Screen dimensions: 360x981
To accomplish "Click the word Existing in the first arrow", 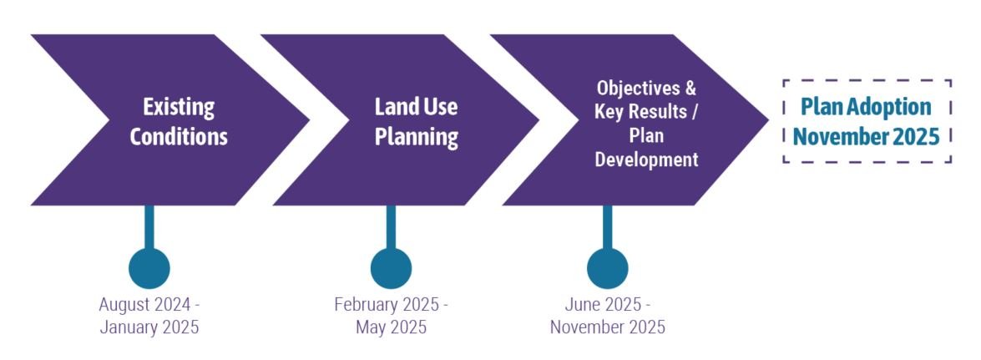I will click(x=179, y=107).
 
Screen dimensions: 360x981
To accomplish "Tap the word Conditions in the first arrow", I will click(x=179, y=135).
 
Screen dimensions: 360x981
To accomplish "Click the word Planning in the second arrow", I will click(x=416, y=135).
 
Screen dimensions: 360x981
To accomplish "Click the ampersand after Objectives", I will click(x=690, y=88).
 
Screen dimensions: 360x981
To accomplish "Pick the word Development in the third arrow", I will click(x=646, y=159).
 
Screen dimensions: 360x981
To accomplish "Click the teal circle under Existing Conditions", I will click(x=149, y=268).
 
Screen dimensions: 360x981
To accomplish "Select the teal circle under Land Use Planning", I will click(x=391, y=268).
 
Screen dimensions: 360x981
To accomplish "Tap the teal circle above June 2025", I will click(x=607, y=268).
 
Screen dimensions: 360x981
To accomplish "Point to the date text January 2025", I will click(x=149, y=327).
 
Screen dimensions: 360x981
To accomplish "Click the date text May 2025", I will click(x=391, y=327).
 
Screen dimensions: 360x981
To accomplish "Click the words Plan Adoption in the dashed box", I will click(x=867, y=107).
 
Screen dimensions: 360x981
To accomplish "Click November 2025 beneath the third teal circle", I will click(x=608, y=327).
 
